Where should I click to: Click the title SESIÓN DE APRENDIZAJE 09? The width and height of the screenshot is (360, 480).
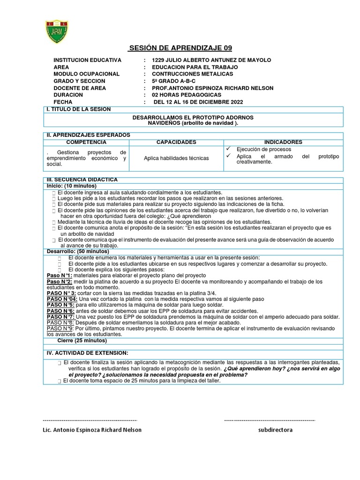[180, 49]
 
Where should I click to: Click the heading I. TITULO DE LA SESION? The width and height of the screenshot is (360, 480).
[78, 109]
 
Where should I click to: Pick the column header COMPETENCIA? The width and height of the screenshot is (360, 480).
[86, 142]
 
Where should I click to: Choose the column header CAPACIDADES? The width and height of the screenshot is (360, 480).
[176, 142]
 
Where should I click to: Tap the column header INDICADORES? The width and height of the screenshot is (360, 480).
[283, 142]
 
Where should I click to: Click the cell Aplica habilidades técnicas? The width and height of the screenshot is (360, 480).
[176, 158]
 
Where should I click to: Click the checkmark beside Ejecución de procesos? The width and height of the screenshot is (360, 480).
[229, 149]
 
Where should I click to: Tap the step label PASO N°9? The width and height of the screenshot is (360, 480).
[60, 329]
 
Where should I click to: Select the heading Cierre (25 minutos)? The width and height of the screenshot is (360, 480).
[82, 341]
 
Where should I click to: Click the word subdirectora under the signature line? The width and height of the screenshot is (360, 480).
[275, 430]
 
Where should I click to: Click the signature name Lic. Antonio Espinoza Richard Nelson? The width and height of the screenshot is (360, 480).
[91, 430]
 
